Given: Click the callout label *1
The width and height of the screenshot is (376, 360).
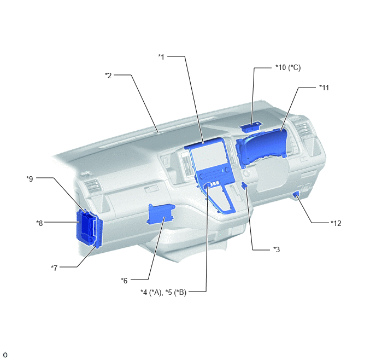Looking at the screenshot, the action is [161, 57].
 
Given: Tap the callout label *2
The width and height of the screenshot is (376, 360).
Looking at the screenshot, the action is [108, 76].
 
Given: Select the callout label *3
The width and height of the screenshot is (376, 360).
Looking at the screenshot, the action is [277, 249].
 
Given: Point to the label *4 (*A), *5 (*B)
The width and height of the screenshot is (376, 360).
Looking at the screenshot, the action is [163, 293].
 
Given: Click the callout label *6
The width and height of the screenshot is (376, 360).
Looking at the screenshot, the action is [124, 281].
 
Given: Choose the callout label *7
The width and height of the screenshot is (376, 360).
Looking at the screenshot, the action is [54, 268].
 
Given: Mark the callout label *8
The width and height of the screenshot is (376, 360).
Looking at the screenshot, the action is [39, 223].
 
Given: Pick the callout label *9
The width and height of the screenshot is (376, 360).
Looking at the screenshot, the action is [30, 179].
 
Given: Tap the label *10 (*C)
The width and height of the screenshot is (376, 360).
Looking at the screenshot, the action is [288, 68].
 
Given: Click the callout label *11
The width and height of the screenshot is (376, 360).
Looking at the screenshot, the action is [324, 88].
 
